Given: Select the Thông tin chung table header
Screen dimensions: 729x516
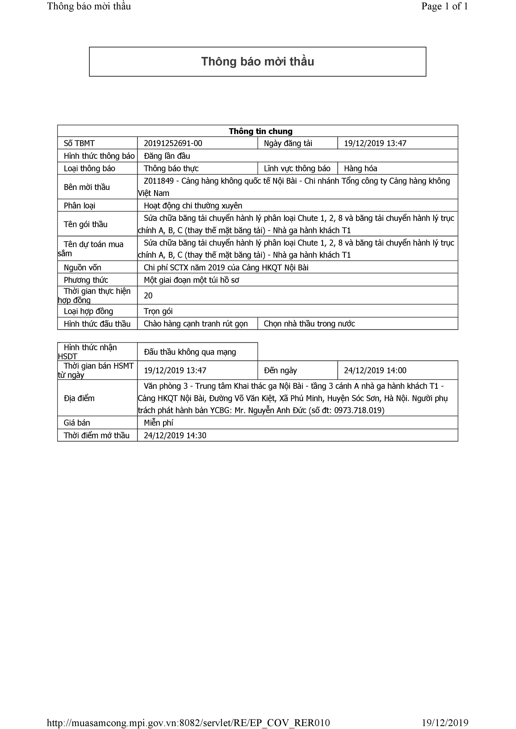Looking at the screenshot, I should point(261,131).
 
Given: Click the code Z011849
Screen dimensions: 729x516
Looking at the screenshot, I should point(158,181).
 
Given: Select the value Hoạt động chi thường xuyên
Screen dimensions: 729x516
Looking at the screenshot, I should point(193,206).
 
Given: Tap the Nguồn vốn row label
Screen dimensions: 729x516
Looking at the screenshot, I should point(82,268).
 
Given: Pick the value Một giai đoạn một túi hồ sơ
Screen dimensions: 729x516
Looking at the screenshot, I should point(191,280).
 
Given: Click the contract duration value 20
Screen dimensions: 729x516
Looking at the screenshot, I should point(148,296).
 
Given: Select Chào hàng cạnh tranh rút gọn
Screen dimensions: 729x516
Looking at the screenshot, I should point(196,324).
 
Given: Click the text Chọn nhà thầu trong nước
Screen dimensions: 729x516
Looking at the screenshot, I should point(309,324).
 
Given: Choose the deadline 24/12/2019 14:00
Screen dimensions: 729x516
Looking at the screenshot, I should point(375,370).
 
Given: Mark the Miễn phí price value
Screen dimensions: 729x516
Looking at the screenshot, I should point(158,423).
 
